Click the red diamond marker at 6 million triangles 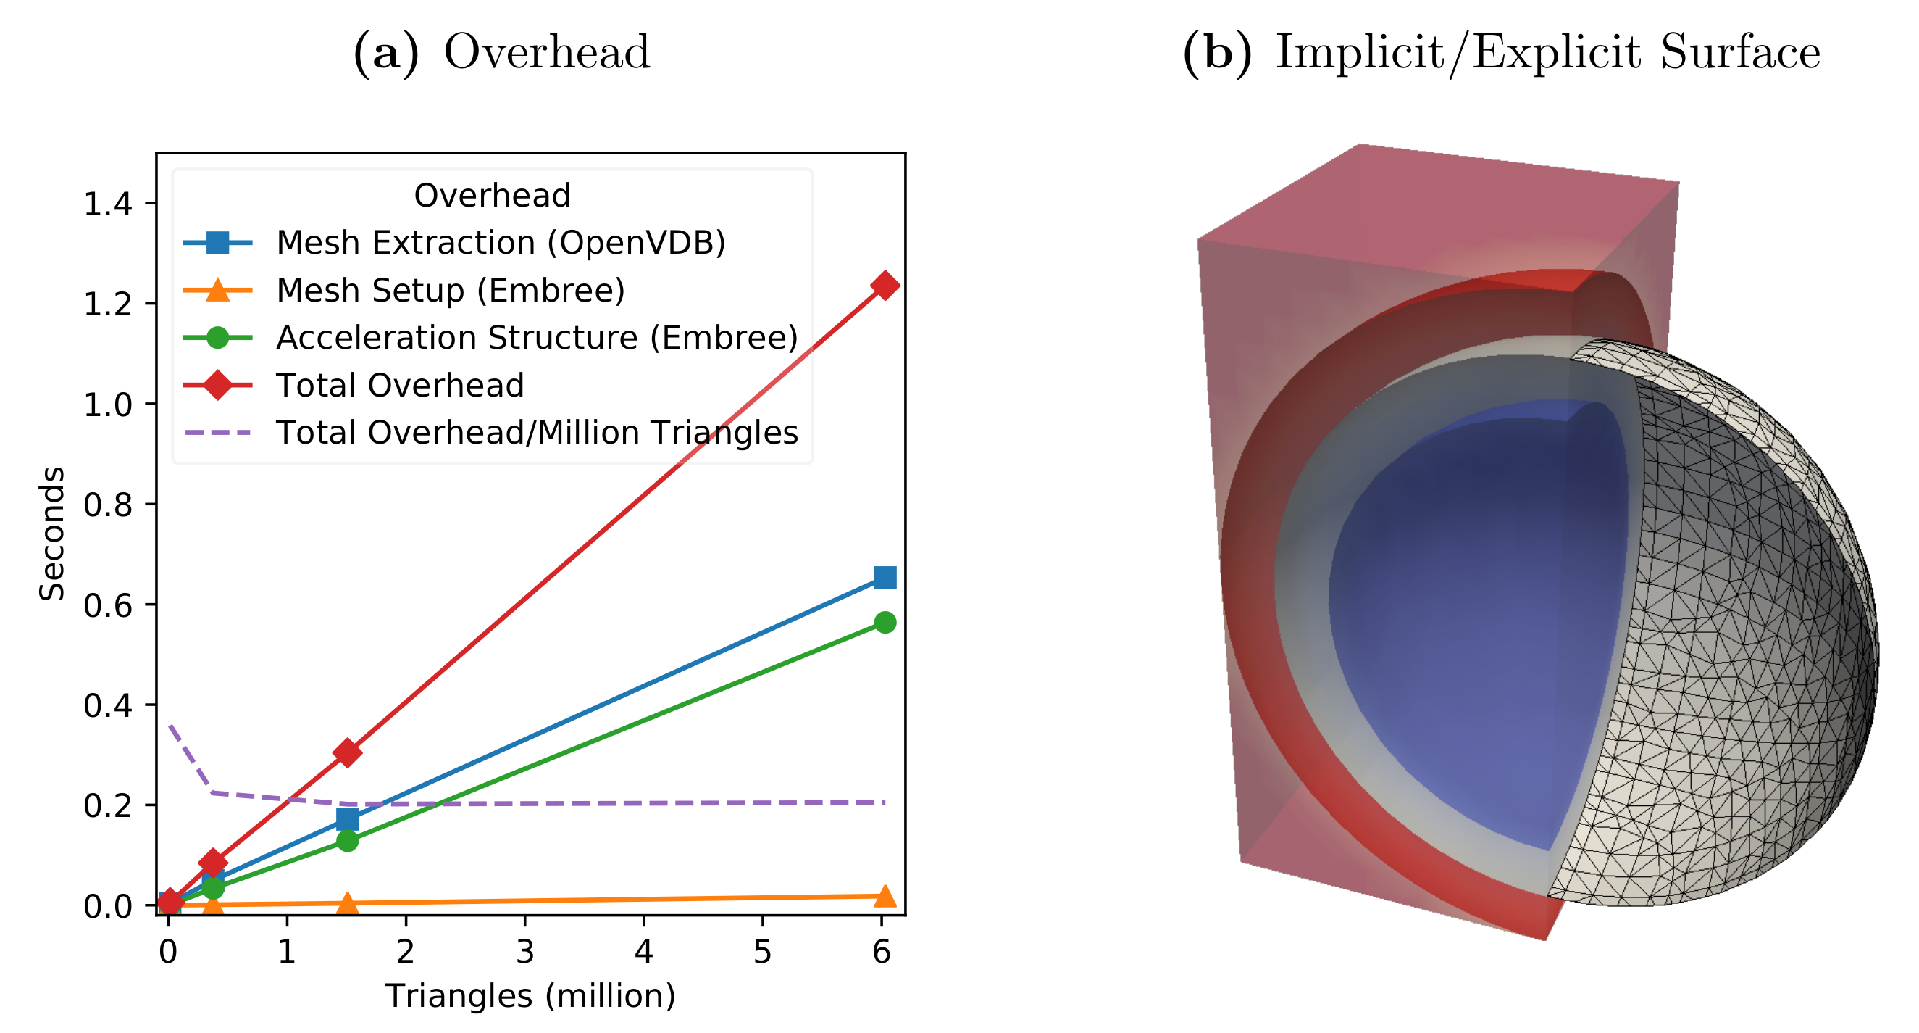(x=885, y=286)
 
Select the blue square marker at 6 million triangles (x=885, y=578)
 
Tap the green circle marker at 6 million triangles (x=885, y=622)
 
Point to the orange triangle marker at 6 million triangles (x=885, y=897)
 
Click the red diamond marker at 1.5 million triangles (x=347, y=752)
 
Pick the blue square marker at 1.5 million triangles (x=347, y=820)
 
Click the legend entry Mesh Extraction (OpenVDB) (x=500, y=243)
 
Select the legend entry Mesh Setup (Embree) (x=450, y=291)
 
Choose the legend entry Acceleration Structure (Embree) (x=536, y=338)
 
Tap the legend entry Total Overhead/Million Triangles (x=536, y=432)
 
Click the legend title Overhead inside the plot (x=492, y=195)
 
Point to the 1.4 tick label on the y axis (x=107, y=204)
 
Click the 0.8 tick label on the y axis (x=107, y=505)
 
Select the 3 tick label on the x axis (x=524, y=953)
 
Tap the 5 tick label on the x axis (x=762, y=953)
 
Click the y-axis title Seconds (x=52, y=534)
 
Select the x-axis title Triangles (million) (x=530, y=997)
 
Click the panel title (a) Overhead (x=501, y=52)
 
